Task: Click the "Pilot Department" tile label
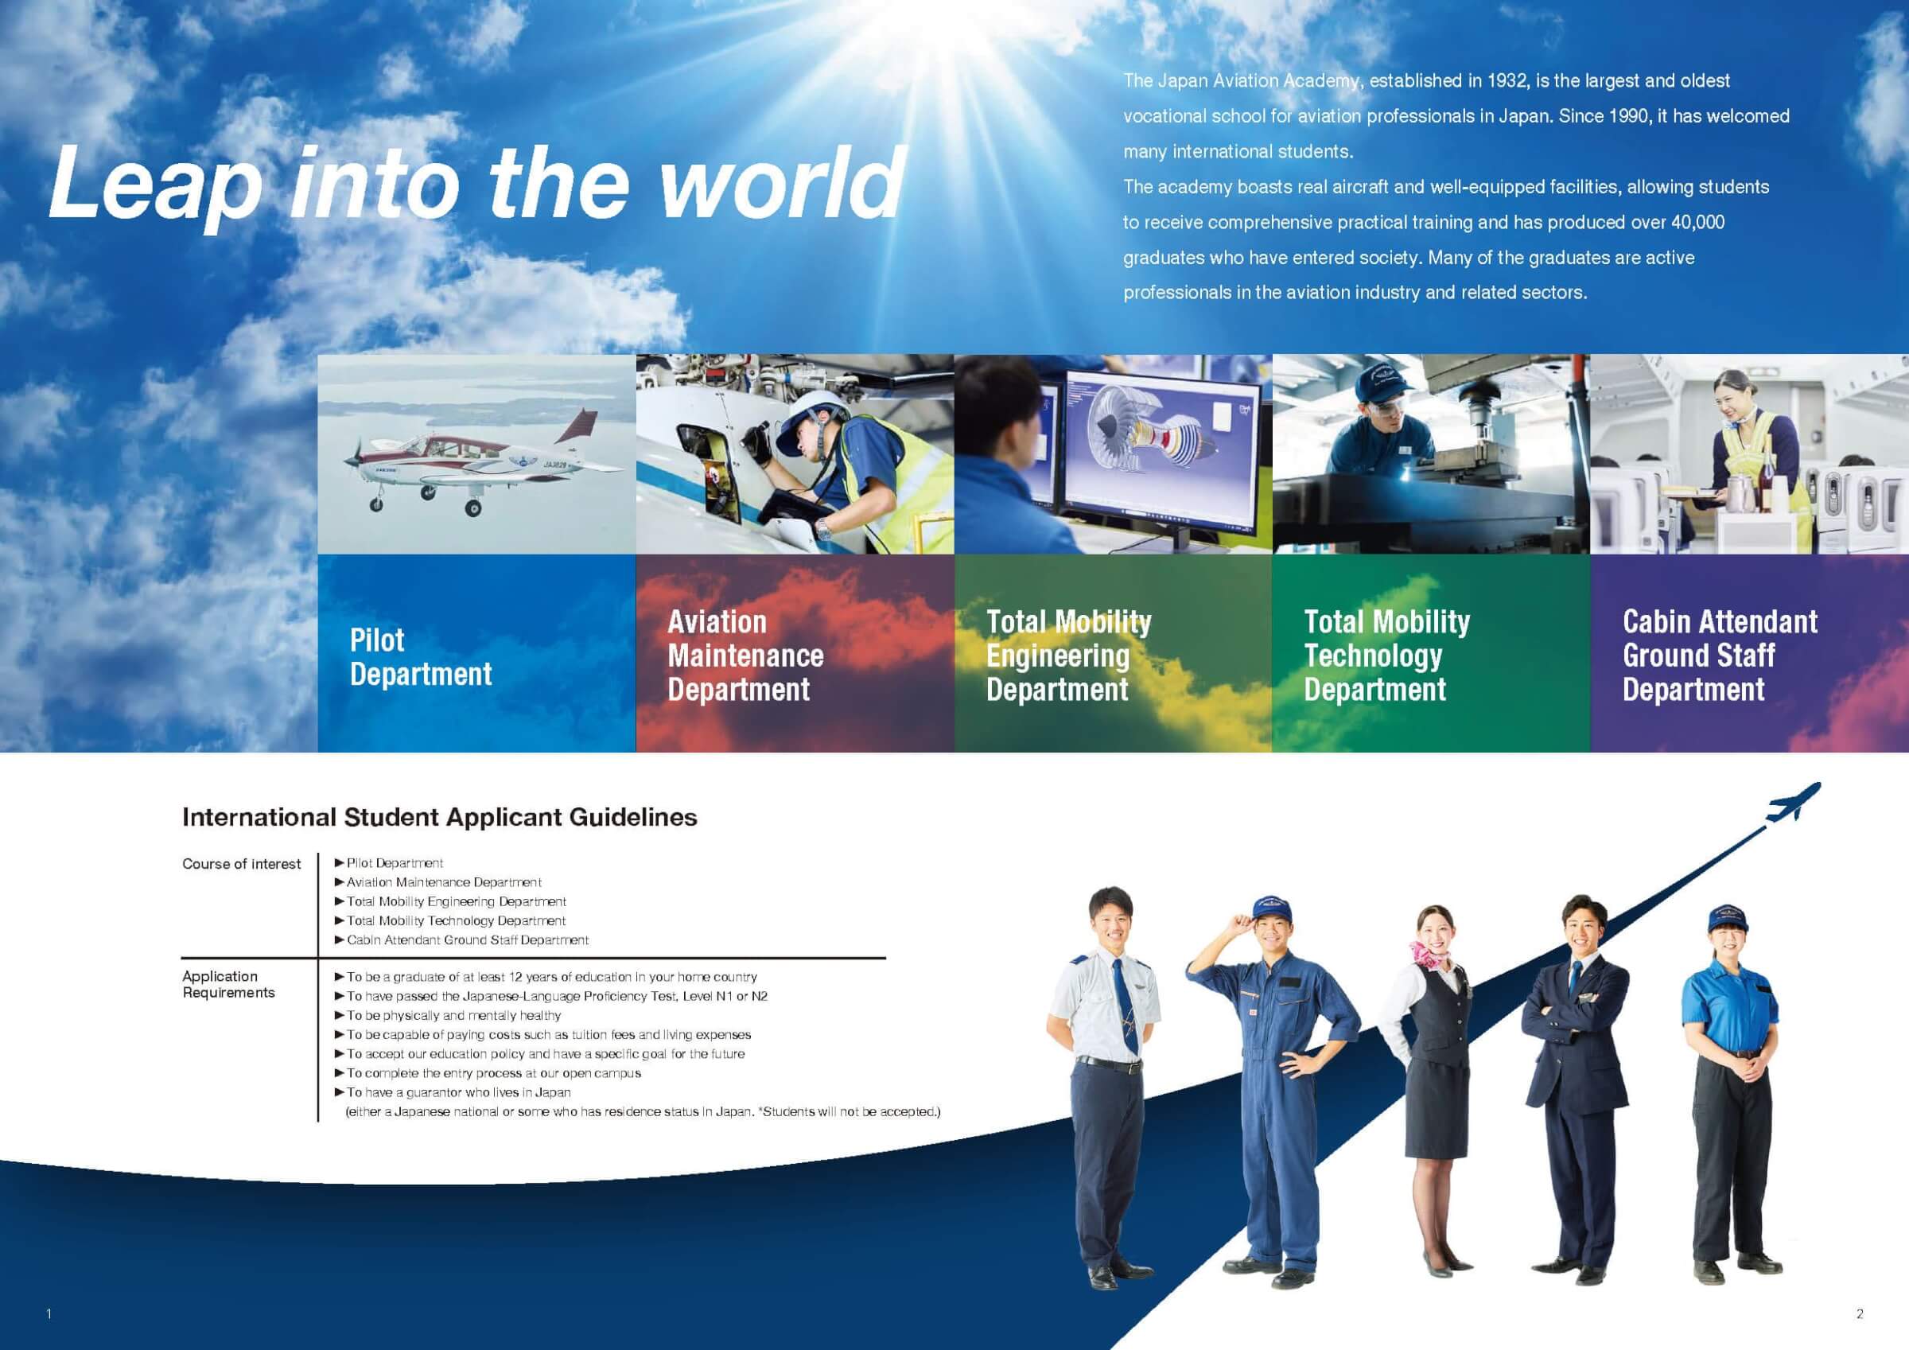pos(421,656)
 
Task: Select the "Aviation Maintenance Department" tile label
pos(746,656)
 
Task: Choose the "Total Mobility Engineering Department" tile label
pos(1068,656)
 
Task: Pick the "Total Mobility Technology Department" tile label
pos(1387,656)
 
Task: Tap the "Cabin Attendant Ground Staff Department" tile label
pos(1720,656)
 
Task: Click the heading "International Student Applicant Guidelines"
pos(440,817)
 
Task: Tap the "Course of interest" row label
pos(241,864)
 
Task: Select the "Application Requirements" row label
pos(227,984)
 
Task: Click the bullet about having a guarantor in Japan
pos(453,1092)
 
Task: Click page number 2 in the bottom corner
pos(1860,1314)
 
